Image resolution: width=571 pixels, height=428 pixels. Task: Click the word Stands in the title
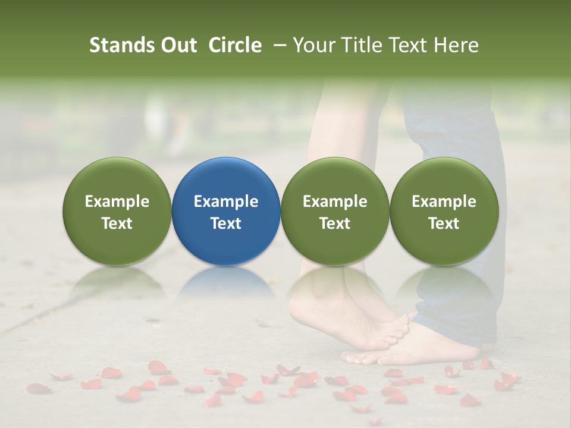pyautogui.click(x=121, y=45)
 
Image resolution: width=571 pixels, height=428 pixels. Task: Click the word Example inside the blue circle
pyautogui.click(x=226, y=202)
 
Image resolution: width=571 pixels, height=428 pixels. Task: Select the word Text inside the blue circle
pyautogui.click(x=226, y=224)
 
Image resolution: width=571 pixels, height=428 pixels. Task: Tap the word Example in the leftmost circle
pyautogui.click(x=117, y=202)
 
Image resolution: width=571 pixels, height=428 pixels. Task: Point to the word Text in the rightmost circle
pyautogui.click(x=444, y=224)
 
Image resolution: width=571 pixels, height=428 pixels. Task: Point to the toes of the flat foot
pyautogui.click(x=363, y=357)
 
